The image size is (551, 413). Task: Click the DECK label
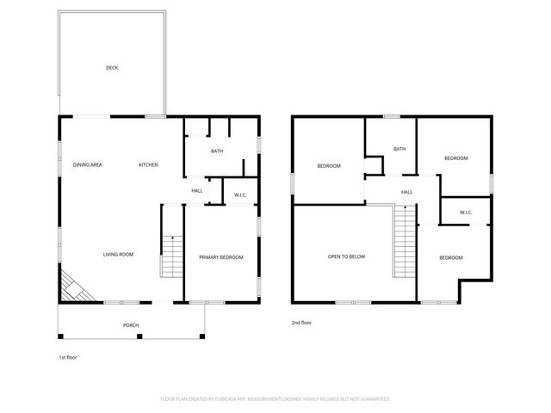pos(112,68)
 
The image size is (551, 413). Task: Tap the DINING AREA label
pos(88,164)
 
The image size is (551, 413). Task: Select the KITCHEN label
pos(149,164)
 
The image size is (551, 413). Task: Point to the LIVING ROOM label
pos(118,254)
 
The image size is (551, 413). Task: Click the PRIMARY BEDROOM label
pos(221,257)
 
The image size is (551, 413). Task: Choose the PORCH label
pos(131,325)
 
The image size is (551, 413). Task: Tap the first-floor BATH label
pos(219,151)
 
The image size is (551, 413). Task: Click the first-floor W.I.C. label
pos(241,195)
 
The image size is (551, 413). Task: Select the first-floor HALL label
pos(197,191)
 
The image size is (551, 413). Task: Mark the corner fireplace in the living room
pos(73,287)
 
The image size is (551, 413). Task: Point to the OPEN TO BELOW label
pos(346,256)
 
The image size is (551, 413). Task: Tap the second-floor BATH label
pos(399,149)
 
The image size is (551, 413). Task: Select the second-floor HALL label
pos(406,192)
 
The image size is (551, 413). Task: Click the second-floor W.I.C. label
pos(466,213)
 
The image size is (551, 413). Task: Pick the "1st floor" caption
pos(67,355)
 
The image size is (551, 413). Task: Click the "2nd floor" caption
pos(301,324)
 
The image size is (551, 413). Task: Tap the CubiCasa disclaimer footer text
pos(275,399)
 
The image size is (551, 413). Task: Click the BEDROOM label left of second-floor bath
pos(329,166)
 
